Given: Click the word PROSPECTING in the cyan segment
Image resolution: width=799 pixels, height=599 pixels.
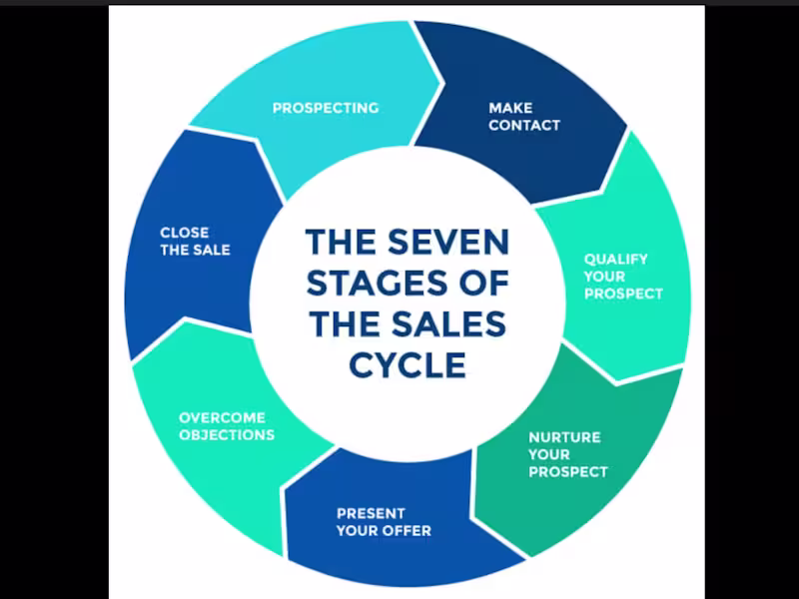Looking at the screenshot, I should tap(326, 108).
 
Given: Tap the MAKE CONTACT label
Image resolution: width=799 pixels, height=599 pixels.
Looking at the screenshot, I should tap(524, 117).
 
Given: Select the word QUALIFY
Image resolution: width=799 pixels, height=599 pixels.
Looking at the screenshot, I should tap(616, 259).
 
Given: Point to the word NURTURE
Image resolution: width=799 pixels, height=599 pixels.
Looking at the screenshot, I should tap(564, 437).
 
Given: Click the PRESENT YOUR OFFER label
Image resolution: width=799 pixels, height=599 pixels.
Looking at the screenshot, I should tap(384, 522).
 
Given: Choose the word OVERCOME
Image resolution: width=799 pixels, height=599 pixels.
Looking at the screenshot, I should tap(222, 417).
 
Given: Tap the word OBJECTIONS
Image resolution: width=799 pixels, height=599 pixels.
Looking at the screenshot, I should tap(227, 435).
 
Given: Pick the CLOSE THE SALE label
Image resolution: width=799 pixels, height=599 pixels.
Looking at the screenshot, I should tap(195, 241).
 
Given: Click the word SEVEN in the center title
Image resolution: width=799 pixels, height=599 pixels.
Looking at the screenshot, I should tap(450, 243).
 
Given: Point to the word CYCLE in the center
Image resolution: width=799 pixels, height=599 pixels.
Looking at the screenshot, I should tap(407, 365).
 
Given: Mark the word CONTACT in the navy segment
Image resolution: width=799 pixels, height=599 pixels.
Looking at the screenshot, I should tap(524, 126).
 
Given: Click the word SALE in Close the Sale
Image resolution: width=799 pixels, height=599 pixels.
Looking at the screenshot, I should tap(211, 250).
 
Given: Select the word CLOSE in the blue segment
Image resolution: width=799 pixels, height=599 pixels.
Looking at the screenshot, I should tap(185, 232).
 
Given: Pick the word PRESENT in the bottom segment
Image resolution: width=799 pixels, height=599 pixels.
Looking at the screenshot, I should tap(371, 513).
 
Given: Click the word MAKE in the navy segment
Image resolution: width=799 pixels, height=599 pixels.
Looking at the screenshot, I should tap(510, 108).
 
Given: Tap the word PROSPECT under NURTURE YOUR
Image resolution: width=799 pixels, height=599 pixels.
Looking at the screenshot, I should tap(568, 472).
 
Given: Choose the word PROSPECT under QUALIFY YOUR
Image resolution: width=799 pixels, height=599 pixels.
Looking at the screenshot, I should tap(623, 295).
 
